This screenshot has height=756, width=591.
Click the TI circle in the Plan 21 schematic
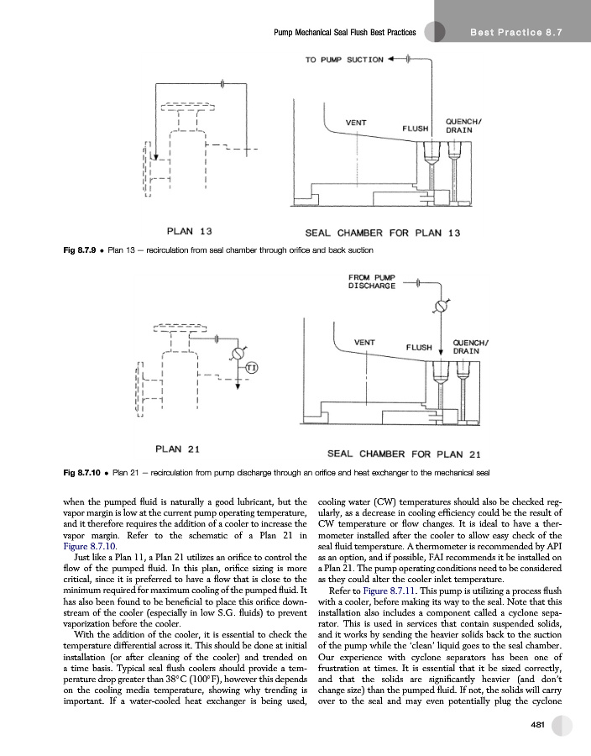tap(252, 368)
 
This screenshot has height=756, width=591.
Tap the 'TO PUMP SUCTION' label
tap(344, 60)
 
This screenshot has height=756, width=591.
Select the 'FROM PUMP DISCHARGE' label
tap(372, 281)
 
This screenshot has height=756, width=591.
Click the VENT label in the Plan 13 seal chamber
tap(356, 123)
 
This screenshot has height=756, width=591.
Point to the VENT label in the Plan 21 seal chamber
tap(364, 343)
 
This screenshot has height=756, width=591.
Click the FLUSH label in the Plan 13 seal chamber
tap(416, 129)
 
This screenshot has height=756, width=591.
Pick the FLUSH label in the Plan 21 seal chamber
tap(419, 348)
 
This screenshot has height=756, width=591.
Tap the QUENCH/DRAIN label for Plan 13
tap(463, 126)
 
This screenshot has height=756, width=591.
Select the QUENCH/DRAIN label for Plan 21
tap(471, 347)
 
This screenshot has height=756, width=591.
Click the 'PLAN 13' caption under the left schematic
tap(189, 232)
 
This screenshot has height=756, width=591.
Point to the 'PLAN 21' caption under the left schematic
tap(177, 449)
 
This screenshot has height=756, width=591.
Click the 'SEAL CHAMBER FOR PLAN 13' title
tap(383, 234)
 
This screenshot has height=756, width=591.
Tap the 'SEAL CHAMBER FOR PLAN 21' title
tap(404, 454)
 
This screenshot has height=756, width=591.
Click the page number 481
tap(537, 725)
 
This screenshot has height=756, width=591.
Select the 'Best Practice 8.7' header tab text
tap(515, 33)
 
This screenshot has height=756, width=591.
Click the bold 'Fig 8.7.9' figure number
tap(80, 250)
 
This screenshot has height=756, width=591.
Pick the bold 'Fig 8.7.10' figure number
tap(82, 473)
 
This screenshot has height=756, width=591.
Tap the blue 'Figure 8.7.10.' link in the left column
tap(90, 547)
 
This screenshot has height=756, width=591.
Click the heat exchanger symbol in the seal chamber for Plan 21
tap(442, 306)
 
